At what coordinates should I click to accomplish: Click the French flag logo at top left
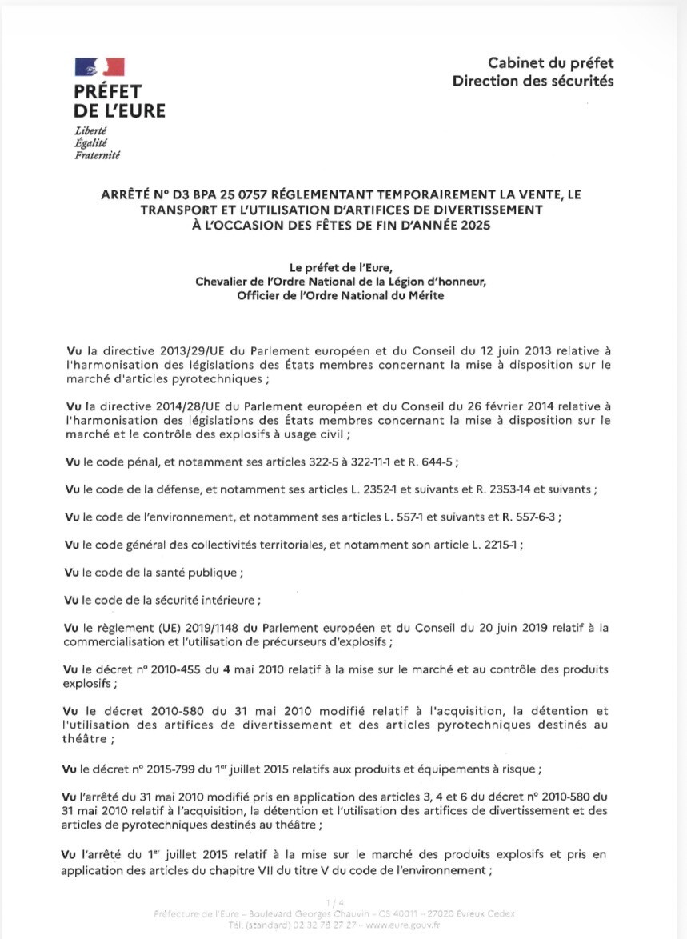pyautogui.click(x=99, y=67)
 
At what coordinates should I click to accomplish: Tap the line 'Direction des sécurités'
pyautogui.click(x=533, y=81)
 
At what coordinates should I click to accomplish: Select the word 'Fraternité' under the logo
pyautogui.click(x=97, y=155)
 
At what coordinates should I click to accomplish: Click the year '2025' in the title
pyautogui.click(x=469, y=225)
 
